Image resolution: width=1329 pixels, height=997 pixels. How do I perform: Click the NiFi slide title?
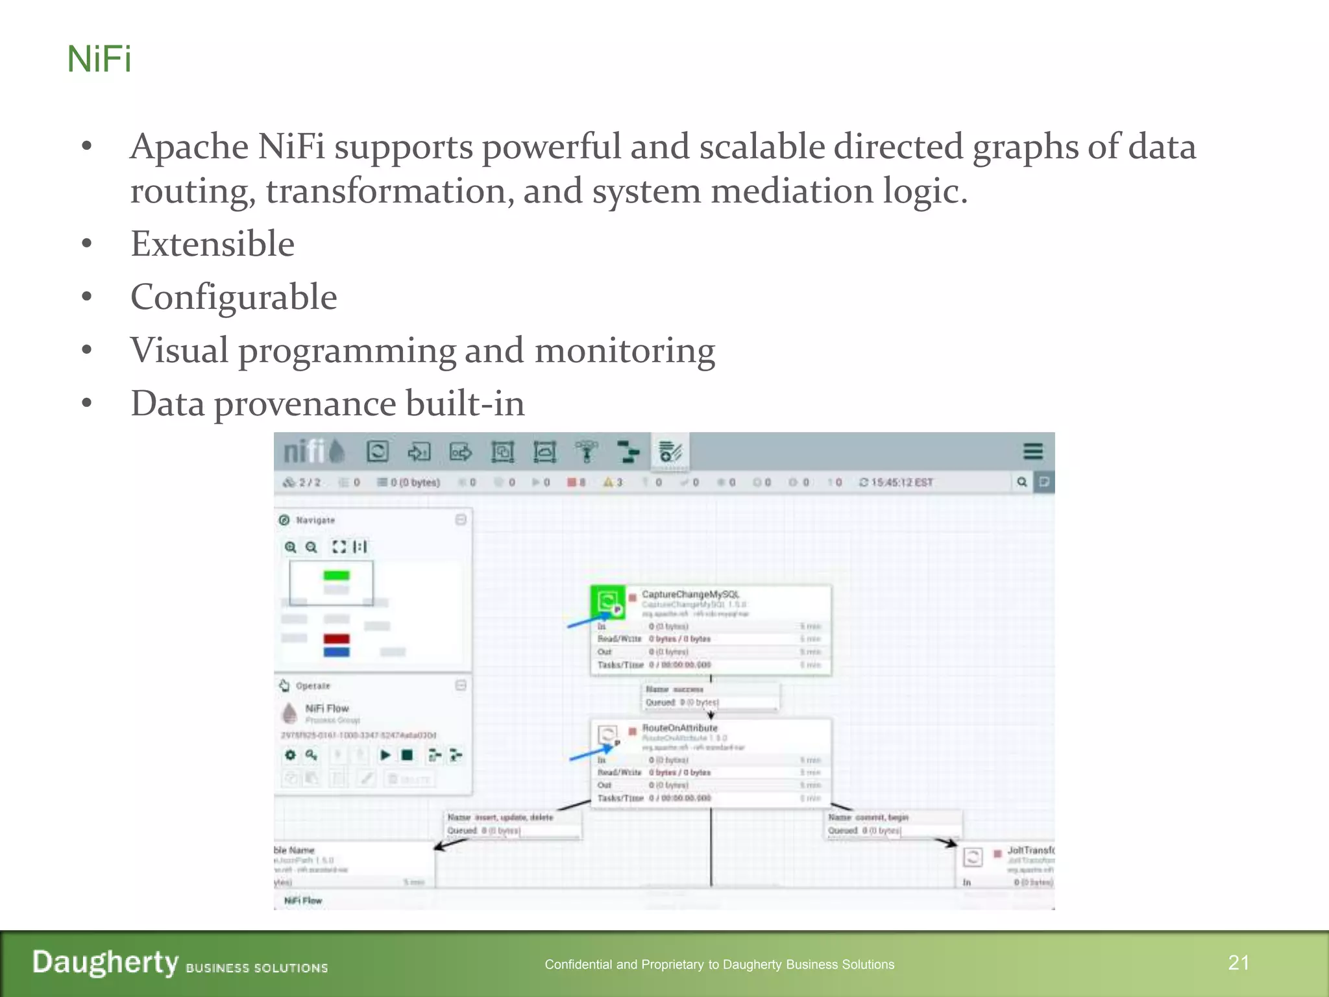click(x=99, y=60)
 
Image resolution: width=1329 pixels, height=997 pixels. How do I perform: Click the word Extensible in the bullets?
click(x=212, y=244)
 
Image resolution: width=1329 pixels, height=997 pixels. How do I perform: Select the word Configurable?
click(x=234, y=297)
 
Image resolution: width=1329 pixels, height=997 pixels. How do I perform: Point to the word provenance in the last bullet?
click(x=304, y=404)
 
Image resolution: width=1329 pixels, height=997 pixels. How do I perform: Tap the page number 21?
click(x=1238, y=963)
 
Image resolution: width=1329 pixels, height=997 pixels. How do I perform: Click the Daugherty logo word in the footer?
click(x=105, y=963)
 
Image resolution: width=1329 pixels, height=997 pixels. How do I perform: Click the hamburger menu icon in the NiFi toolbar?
click(x=1032, y=451)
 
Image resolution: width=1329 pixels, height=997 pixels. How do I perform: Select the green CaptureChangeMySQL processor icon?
click(x=607, y=602)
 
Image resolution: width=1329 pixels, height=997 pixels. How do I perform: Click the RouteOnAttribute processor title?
click(x=679, y=728)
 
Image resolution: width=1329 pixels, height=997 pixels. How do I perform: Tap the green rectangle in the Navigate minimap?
click(x=336, y=575)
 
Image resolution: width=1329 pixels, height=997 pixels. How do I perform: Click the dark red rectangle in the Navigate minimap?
click(x=336, y=639)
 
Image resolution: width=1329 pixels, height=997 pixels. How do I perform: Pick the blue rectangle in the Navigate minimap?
click(x=336, y=652)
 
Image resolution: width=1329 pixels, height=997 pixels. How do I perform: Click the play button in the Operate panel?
click(x=385, y=755)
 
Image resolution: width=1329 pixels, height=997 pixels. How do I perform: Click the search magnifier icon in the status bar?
click(x=1022, y=482)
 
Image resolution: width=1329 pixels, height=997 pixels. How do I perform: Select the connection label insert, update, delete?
click(x=513, y=817)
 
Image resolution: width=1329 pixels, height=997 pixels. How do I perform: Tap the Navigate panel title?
click(x=315, y=520)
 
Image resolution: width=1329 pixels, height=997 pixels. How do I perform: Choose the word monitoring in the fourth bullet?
click(x=624, y=351)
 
